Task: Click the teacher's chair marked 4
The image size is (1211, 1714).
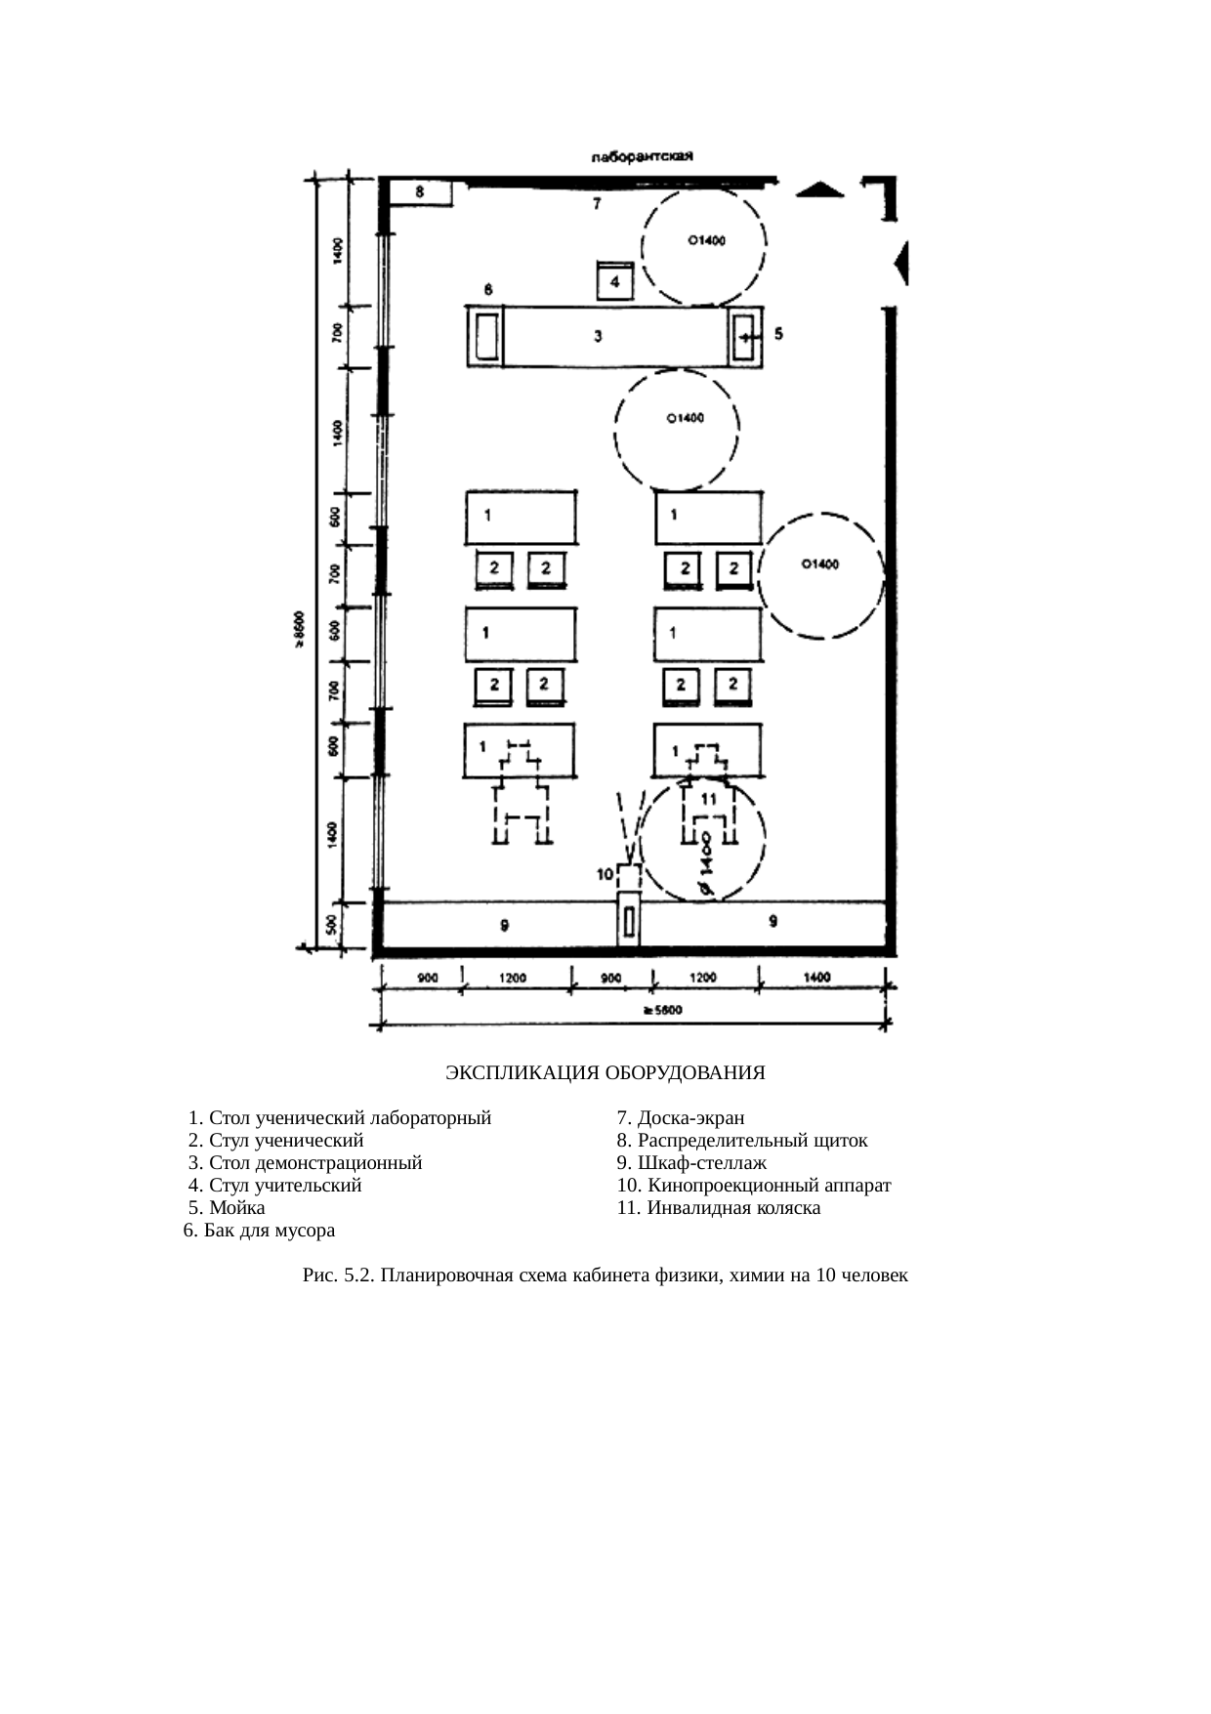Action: [615, 281]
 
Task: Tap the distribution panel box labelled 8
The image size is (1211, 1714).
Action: [421, 192]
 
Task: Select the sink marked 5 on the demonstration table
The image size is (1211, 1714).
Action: [745, 336]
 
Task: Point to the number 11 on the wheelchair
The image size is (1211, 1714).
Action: [708, 799]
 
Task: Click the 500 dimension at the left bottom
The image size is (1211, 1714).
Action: [333, 924]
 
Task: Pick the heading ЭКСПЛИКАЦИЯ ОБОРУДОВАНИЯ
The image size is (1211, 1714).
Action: [605, 1073]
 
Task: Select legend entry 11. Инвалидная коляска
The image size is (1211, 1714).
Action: [719, 1208]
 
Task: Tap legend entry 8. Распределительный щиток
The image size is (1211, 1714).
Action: [742, 1141]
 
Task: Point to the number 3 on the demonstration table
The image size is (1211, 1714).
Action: [599, 336]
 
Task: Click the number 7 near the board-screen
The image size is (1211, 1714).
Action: [597, 204]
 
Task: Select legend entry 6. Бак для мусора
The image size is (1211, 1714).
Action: [259, 1231]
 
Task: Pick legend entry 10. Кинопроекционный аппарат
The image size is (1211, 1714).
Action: [754, 1186]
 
